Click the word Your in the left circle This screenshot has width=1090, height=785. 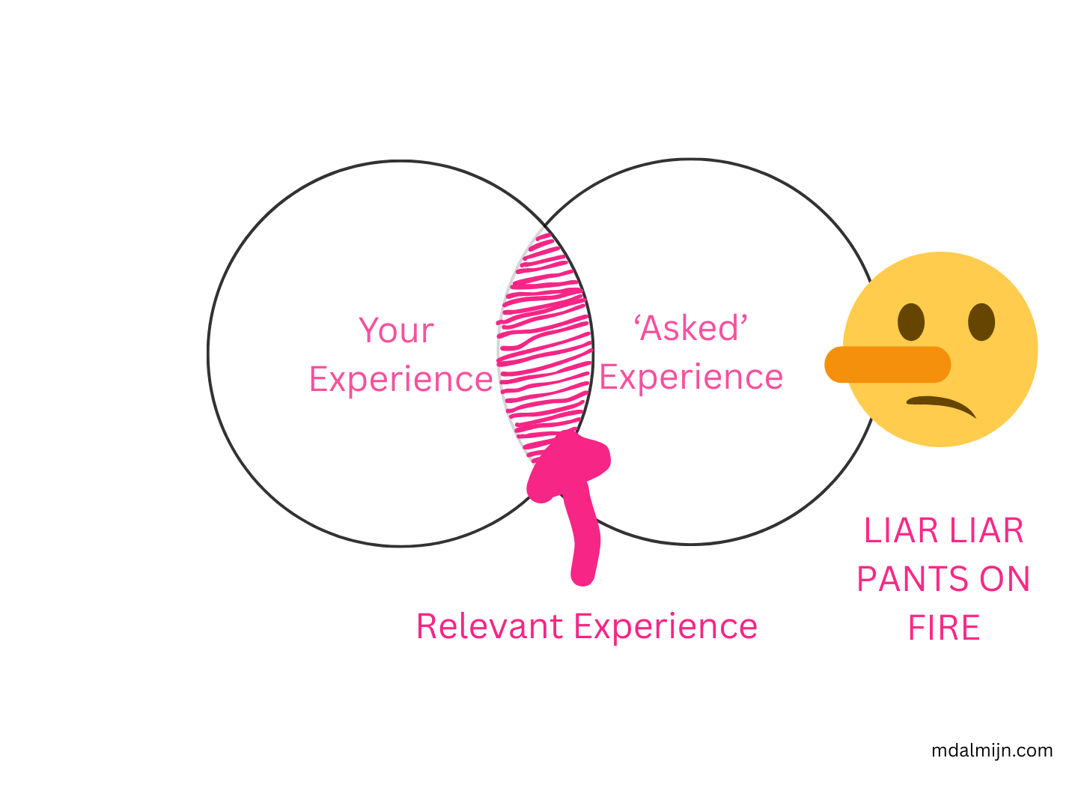pos(396,330)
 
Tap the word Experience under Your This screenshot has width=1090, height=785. pos(401,379)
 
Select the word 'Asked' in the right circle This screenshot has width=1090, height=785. pos(691,328)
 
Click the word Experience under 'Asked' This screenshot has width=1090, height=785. pos(691,377)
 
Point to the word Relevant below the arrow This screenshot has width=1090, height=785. pos(490,626)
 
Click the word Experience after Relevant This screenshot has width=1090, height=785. pos(666,626)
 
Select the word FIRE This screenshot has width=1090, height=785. pos(943,628)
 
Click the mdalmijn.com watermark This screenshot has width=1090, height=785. pos(992,751)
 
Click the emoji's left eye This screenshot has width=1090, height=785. pos(911,322)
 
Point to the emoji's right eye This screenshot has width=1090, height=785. pos(981,322)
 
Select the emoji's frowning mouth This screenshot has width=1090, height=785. pos(943,404)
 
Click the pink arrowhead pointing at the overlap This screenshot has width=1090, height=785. pos(568,463)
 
